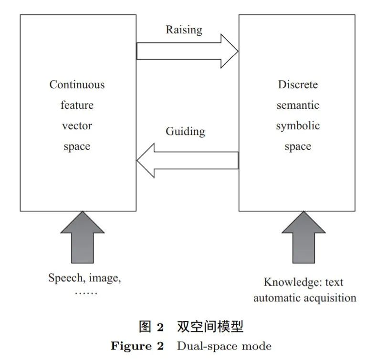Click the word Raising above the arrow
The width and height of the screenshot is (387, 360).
184,30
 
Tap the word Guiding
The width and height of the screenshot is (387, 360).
185,131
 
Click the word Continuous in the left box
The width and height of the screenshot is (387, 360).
77,85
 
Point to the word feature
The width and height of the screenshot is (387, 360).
77,105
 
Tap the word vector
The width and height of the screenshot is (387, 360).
77,126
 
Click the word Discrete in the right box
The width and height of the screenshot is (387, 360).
298,85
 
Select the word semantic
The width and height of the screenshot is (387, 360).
298,105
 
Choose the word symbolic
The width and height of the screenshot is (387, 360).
298,126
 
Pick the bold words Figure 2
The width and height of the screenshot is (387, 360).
137,346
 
